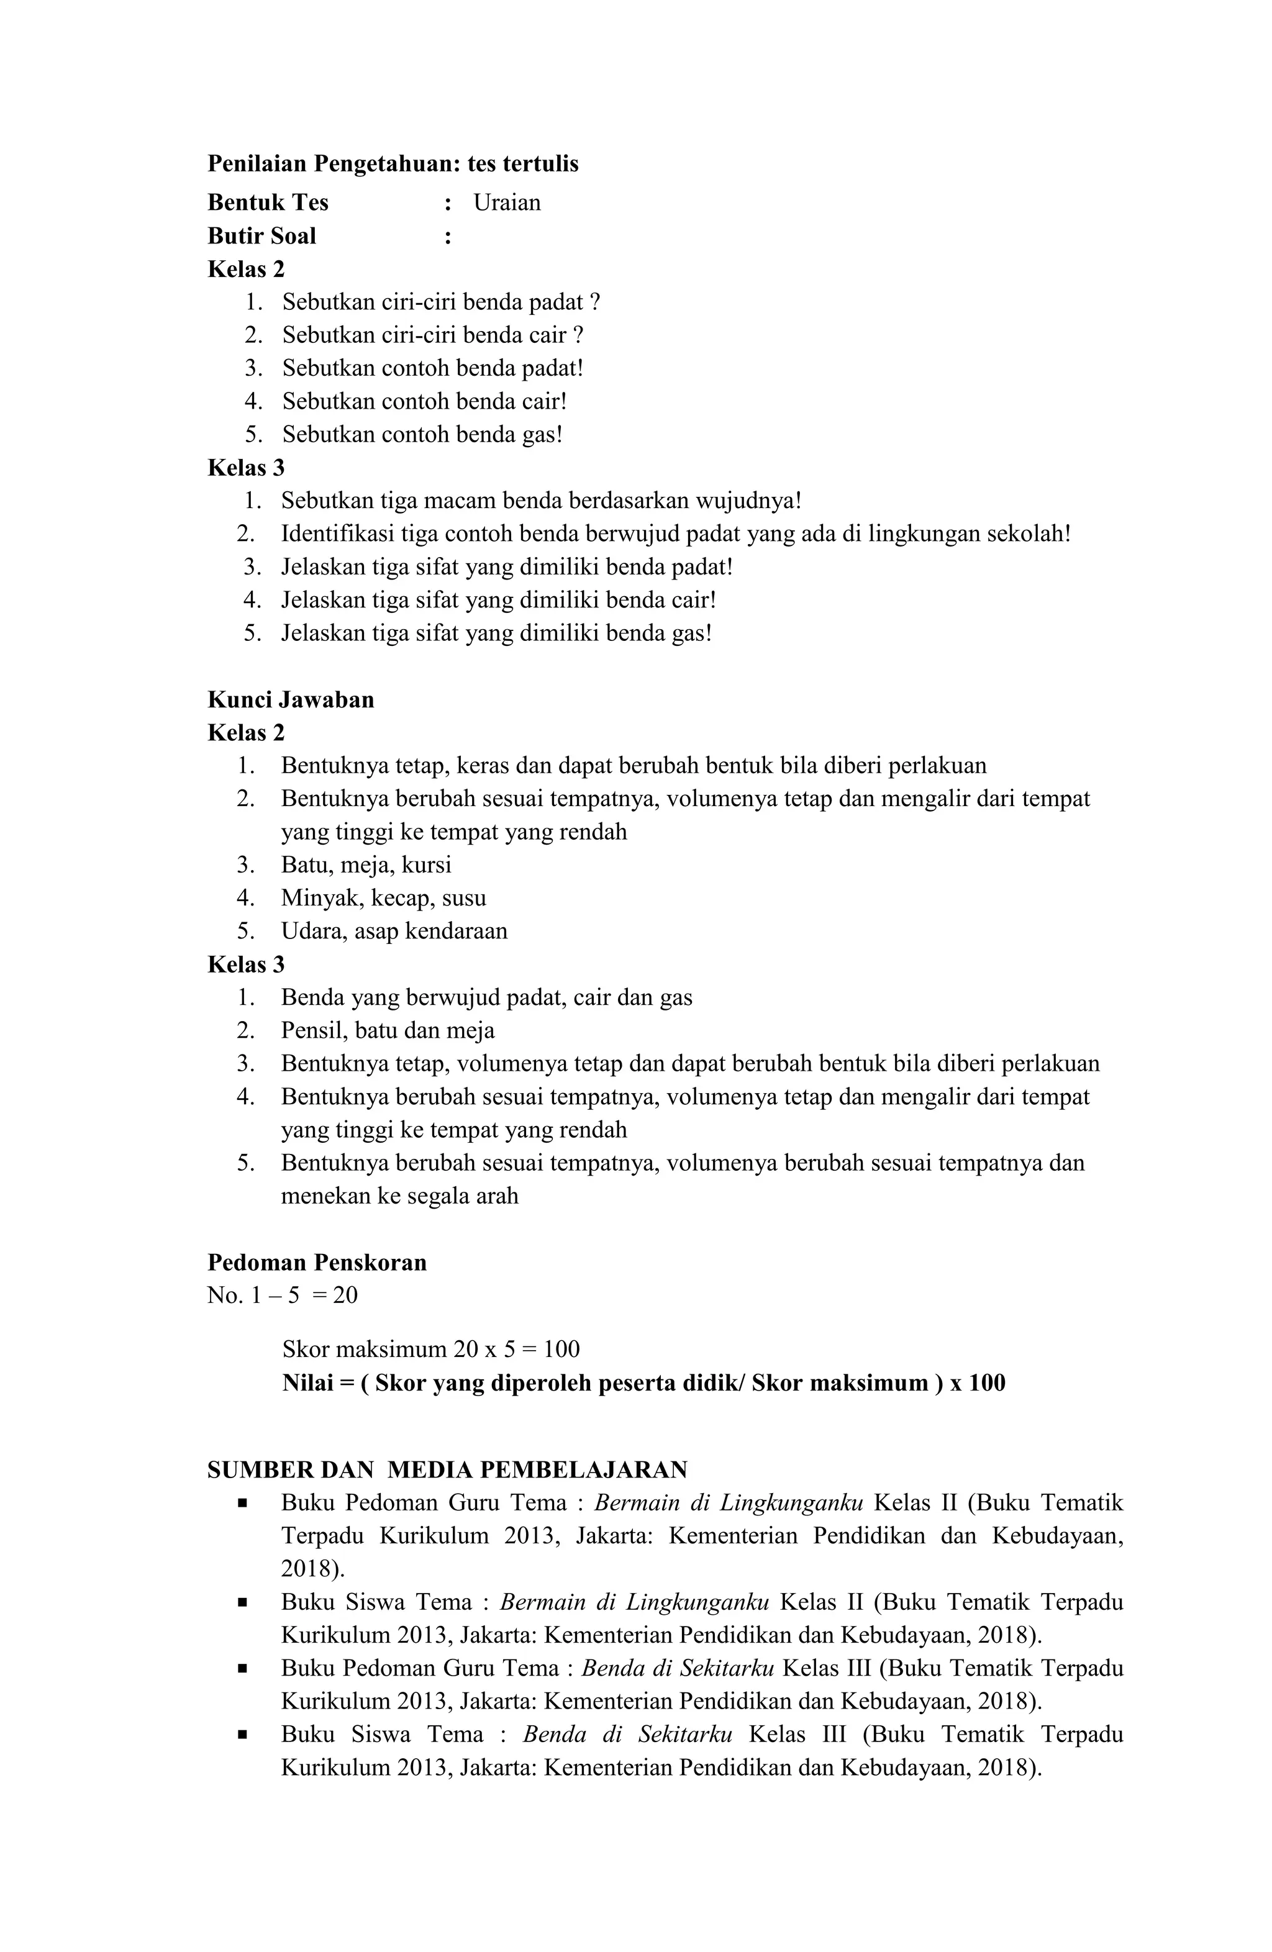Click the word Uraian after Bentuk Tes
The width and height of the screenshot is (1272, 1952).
[x=506, y=202]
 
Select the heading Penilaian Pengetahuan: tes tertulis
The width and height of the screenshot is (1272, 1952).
[x=392, y=164]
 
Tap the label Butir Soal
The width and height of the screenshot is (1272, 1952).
[x=261, y=236]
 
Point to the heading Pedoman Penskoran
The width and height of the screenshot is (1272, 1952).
[x=317, y=1262]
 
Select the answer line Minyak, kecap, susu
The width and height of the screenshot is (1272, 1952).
[x=383, y=898]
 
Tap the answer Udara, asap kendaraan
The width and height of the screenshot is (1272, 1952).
[x=394, y=932]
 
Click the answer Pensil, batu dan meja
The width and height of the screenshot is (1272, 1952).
[x=387, y=1031]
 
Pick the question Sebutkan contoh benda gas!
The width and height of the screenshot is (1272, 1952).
[x=422, y=435]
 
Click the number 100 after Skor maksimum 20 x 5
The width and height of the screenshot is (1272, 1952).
[x=561, y=1349]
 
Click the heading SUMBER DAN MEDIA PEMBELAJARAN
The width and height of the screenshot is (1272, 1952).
[x=447, y=1469]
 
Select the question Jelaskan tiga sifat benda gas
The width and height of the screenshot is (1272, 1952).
[x=496, y=633]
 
